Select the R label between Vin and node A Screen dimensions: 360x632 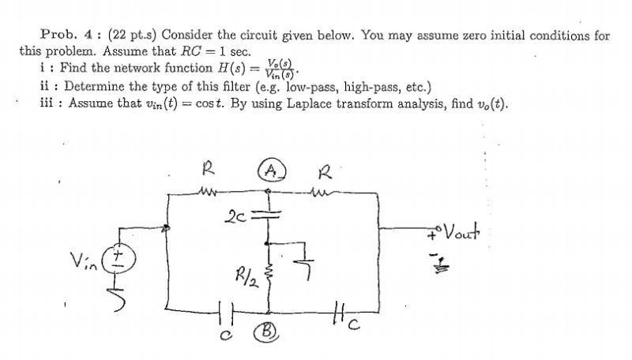click(x=209, y=167)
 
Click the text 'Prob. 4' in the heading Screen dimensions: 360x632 click(x=61, y=36)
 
